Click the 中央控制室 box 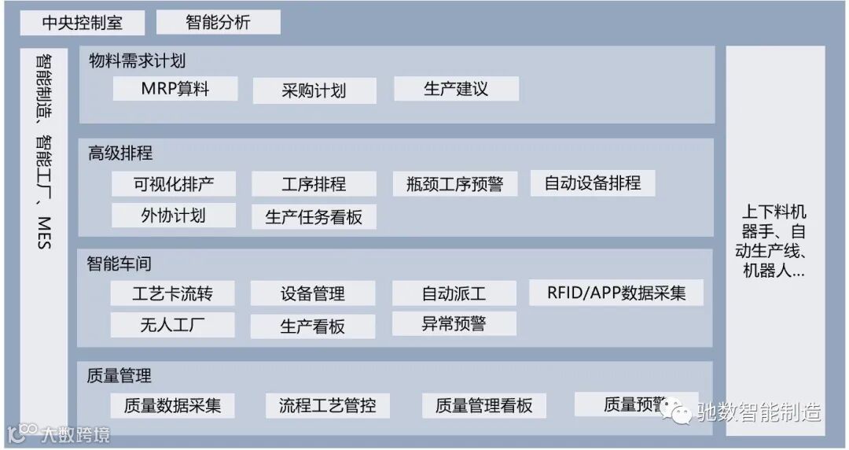83,22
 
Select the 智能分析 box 218,22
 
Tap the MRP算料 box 175,88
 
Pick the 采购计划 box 314,90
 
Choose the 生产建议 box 456,88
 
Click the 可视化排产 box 174,184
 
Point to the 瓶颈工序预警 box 456,185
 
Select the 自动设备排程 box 593,183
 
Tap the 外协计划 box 174,215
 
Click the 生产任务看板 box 314,216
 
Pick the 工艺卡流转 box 172,294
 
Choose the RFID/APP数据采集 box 616,293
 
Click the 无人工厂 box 172,325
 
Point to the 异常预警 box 454,323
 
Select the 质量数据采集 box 172,405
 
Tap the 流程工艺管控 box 327,405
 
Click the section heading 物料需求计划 138,61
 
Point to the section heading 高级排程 120,153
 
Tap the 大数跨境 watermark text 75,434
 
